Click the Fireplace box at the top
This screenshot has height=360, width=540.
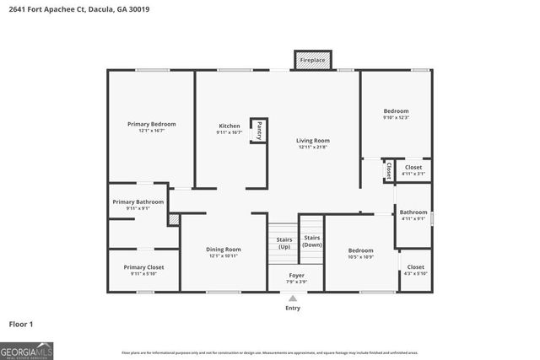click(313, 61)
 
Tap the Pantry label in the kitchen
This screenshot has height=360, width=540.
click(259, 131)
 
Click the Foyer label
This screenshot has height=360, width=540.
click(296, 275)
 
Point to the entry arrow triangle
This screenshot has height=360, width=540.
click(293, 298)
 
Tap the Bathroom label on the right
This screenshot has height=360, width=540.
click(413, 212)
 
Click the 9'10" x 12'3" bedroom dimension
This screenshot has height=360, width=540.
click(397, 118)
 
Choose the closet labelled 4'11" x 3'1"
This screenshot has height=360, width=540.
click(413, 170)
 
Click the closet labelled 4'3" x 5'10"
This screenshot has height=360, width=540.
click(415, 271)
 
